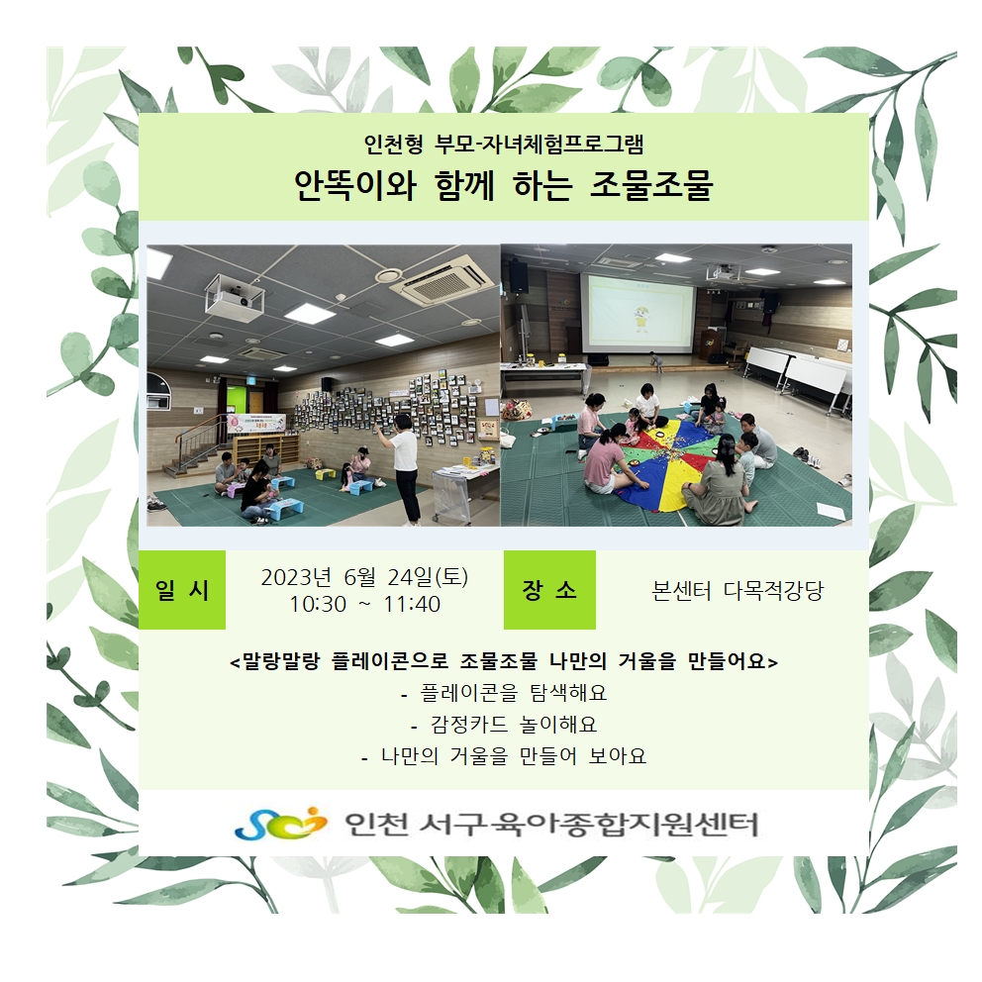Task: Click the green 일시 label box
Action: point(181,589)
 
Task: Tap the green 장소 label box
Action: point(549,589)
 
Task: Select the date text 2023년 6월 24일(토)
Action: point(364,577)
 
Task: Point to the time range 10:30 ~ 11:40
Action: point(364,605)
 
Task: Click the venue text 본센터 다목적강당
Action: point(737,591)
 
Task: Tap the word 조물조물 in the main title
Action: point(651,185)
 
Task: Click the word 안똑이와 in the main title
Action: point(355,185)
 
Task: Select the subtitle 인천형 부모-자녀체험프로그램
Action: point(504,144)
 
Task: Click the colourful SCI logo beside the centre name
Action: point(280,823)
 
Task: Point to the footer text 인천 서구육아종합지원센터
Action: point(551,825)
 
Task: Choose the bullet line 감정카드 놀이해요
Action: point(504,725)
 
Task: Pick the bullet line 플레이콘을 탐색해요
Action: point(504,693)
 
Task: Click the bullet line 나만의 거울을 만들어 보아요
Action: point(504,756)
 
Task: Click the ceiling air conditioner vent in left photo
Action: point(441,279)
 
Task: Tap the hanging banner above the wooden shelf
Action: point(256,423)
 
